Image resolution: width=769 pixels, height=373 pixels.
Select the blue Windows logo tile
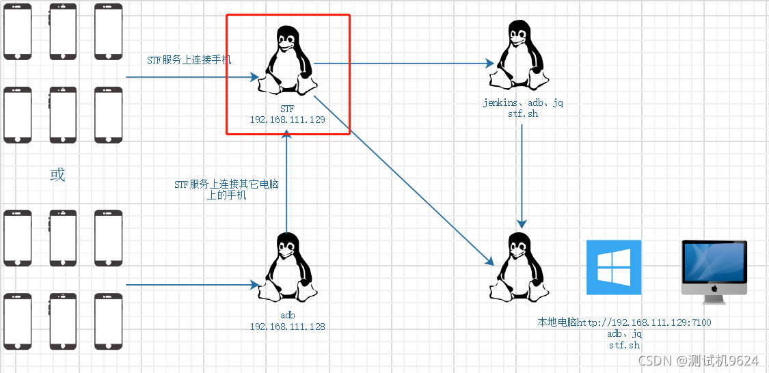coord(614,267)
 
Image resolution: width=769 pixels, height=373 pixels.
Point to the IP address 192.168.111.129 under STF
coord(287,119)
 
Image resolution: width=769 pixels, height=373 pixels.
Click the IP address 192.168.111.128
coord(287,327)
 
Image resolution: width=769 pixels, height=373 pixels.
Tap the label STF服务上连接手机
coord(189,60)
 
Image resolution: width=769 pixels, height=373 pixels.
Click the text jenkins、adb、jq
coord(523,103)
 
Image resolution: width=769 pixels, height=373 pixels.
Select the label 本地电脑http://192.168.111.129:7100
coord(624,322)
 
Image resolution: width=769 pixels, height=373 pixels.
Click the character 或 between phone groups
coord(57,174)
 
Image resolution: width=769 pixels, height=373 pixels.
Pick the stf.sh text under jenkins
coord(523,113)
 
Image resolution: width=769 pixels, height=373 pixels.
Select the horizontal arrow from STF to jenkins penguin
coord(403,64)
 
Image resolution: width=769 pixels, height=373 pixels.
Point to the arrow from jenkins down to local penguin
coord(523,174)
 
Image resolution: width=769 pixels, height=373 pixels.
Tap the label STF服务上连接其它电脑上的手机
coord(226,190)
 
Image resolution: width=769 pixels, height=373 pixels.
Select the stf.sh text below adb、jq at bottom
coord(624,345)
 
